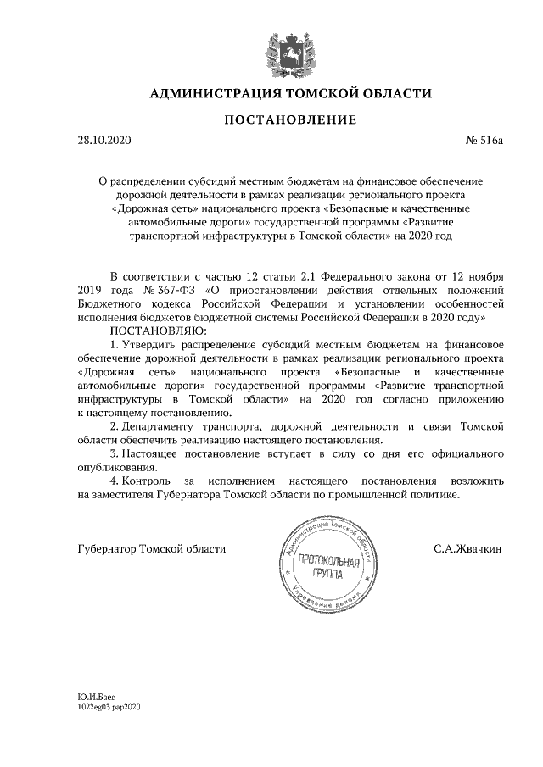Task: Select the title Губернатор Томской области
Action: [x=151, y=548]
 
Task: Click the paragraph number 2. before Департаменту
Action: [x=116, y=425]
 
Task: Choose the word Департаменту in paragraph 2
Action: [x=163, y=425]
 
